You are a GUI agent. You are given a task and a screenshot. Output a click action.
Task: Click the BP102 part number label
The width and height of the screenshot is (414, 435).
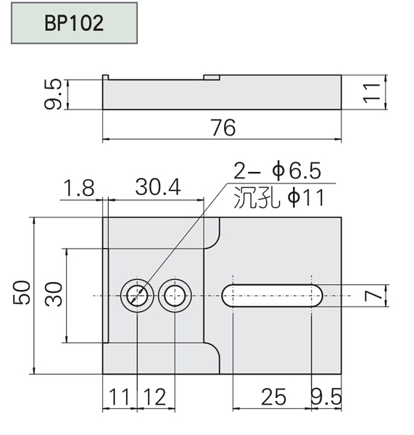[74, 22]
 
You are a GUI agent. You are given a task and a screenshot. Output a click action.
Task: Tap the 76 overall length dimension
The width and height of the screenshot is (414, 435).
[223, 128]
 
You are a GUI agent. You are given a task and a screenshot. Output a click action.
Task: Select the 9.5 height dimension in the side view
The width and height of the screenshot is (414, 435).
[53, 94]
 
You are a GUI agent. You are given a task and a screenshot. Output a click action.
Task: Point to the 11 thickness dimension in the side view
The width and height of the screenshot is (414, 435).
[372, 93]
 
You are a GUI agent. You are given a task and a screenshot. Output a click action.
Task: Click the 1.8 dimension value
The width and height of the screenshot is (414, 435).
[79, 188]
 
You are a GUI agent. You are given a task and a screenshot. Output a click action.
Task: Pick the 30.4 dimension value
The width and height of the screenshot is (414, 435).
[158, 187]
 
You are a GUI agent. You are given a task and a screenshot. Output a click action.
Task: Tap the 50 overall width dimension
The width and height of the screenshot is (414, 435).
[21, 293]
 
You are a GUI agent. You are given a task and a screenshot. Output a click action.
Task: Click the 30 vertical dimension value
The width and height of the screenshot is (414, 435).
[54, 294]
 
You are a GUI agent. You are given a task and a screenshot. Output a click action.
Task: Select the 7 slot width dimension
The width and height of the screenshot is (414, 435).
[373, 296]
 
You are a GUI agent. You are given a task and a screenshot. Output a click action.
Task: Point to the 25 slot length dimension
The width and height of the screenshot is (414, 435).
[273, 397]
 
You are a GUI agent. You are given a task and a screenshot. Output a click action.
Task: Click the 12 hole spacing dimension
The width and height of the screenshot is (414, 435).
[155, 397]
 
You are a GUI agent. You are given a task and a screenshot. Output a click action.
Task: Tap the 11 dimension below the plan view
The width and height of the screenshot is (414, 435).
[119, 397]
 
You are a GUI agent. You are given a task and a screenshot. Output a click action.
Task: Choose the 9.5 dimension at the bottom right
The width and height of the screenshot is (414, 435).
[326, 397]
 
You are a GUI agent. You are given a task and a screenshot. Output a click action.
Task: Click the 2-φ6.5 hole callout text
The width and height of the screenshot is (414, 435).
[277, 170]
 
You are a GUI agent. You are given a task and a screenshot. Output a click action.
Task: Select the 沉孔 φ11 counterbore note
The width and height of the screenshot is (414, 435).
[279, 197]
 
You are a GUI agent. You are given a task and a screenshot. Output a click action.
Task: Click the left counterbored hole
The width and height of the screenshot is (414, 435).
[137, 296]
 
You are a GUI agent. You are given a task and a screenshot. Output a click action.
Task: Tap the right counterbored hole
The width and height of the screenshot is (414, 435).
[175, 296]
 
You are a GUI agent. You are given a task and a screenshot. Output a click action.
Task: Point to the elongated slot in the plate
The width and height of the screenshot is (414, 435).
[272, 296]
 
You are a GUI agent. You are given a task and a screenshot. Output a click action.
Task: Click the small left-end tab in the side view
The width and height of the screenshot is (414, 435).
[105, 77]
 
